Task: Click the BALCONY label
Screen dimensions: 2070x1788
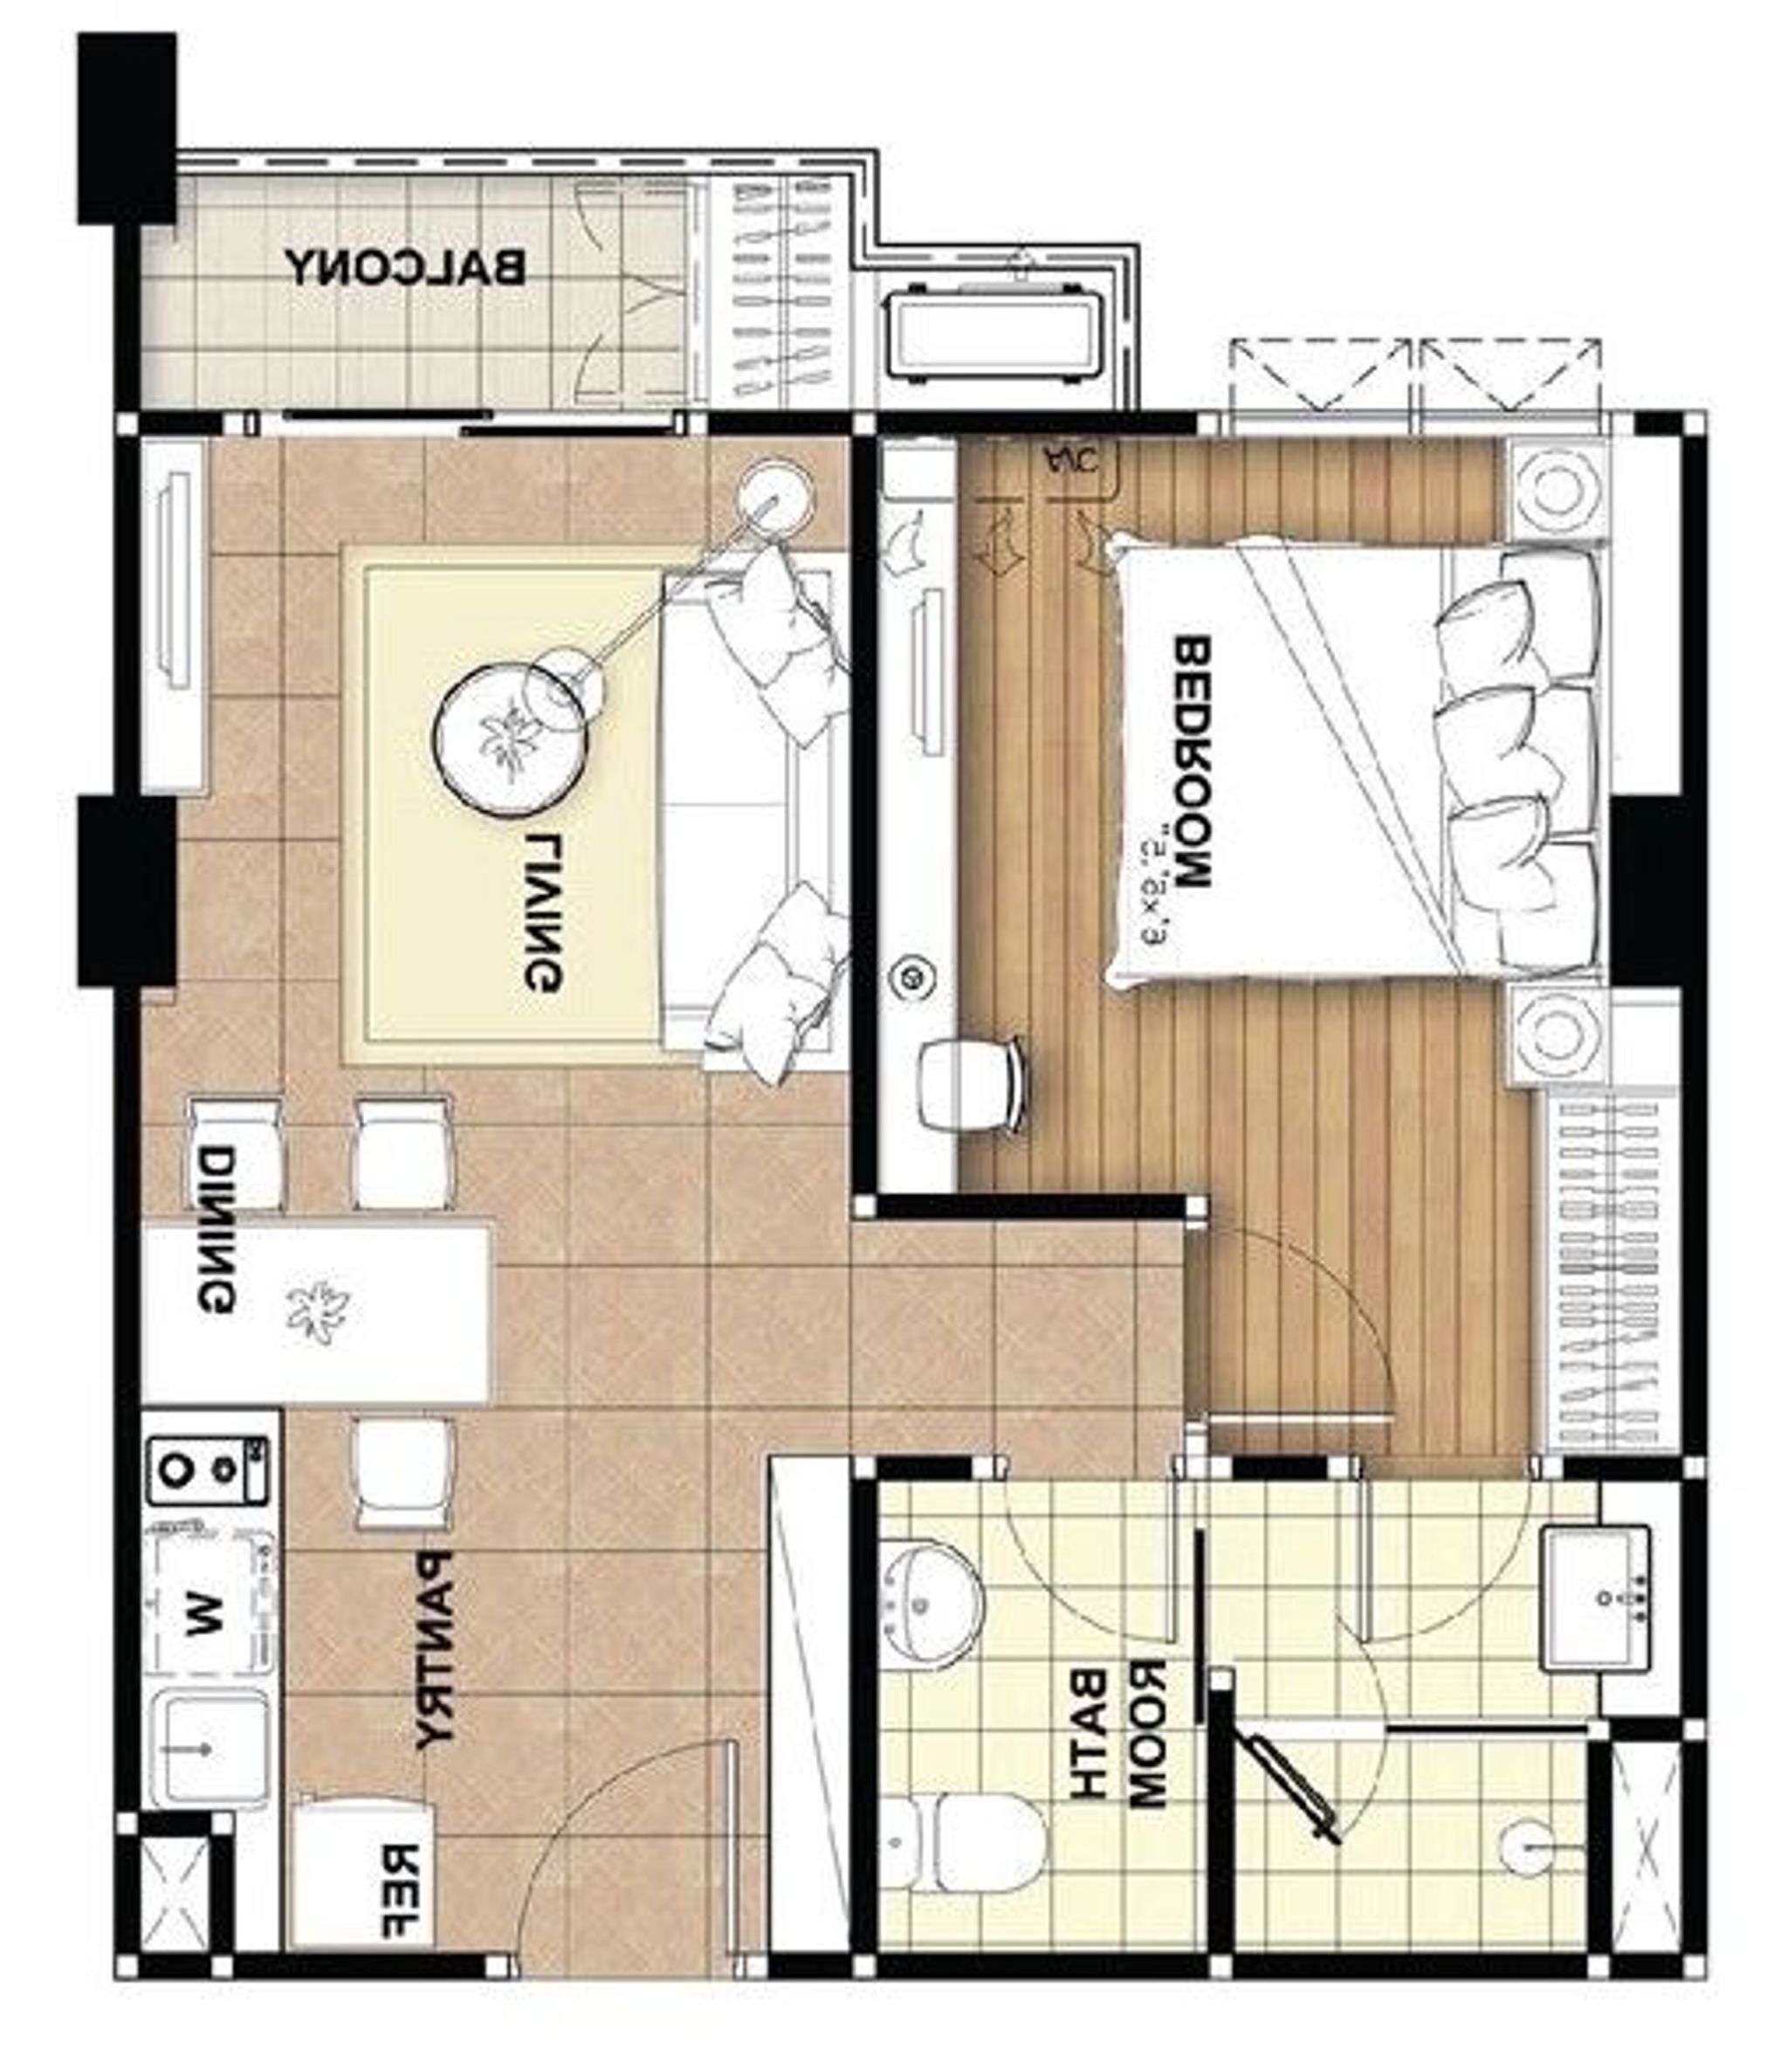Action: point(406,268)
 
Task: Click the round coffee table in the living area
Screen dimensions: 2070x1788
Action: point(508,737)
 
